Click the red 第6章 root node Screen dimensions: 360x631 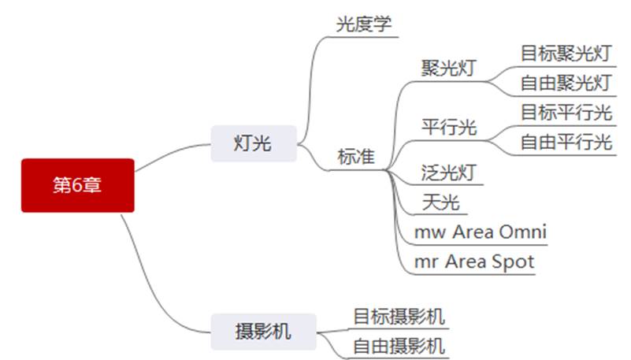77,185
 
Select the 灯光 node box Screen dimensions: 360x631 253,143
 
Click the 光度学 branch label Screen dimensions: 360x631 363,24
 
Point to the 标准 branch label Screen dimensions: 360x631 356,156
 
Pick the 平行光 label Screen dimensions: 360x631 449,127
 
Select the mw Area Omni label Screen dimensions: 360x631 481,232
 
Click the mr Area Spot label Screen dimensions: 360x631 474,262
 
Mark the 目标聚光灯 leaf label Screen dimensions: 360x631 566,54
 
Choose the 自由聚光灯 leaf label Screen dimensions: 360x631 566,83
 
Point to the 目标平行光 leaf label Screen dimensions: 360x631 566,113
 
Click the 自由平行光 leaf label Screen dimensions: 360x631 566,143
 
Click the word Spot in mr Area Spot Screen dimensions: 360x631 514,262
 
